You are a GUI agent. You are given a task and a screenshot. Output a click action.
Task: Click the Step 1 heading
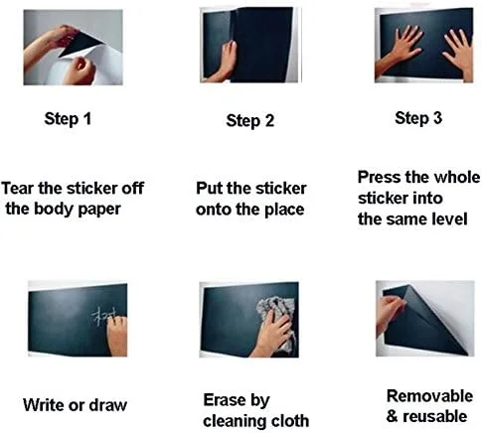pos(68,119)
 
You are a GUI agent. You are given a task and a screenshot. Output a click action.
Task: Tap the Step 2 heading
pos(250,121)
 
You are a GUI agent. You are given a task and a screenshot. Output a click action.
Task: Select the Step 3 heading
pos(418,118)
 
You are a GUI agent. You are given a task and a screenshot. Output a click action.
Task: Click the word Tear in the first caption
pos(18,188)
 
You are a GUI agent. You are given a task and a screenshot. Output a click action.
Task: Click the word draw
pos(108,405)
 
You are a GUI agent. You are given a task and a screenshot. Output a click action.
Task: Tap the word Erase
pos(222,399)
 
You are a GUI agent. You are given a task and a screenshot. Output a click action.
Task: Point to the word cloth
pos(290,420)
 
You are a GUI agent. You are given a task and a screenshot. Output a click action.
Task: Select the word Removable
pos(429,396)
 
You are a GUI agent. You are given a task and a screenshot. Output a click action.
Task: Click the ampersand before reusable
pos(392,416)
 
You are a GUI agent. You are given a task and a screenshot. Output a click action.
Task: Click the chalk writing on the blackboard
pos(102,317)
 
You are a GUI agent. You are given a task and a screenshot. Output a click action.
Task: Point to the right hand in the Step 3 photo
pos(459,53)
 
